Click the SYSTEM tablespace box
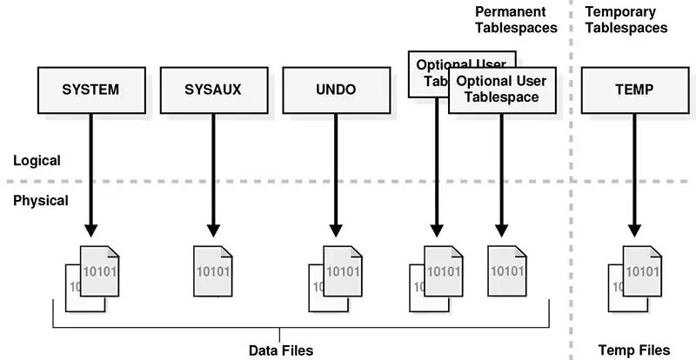[90, 90]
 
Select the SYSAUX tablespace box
[213, 90]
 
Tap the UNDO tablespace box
[334, 90]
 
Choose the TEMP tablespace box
[633, 90]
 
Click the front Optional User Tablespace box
[501, 90]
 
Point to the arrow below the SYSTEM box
[90, 174]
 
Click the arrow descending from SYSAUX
[213, 174]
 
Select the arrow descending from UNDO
[334, 174]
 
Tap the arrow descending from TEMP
[633, 174]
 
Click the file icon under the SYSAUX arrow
[213, 270]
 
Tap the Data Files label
[280, 350]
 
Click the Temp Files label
[634, 350]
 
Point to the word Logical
[37, 161]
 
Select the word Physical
[41, 201]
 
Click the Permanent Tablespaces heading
[516, 19]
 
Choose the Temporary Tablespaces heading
[626, 19]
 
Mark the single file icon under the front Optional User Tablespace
[508, 270]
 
